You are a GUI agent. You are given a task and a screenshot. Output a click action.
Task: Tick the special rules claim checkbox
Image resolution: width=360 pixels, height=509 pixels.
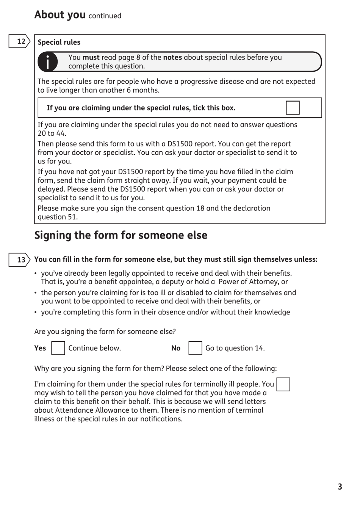pyautogui.click(x=293, y=108)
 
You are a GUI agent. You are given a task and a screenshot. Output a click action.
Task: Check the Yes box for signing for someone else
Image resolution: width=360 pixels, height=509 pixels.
pyautogui.click(x=58, y=348)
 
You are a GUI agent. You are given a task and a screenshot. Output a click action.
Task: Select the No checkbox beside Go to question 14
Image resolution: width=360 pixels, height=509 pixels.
pyautogui.click(x=195, y=348)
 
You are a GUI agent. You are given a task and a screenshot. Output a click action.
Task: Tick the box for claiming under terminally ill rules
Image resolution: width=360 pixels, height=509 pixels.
pyautogui.click(x=283, y=384)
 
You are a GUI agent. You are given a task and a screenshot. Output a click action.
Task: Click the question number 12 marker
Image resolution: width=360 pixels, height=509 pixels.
pyautogui.click(x=20, y=41)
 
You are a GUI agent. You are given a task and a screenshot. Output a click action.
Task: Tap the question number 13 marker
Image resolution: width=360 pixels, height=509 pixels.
pyautogui.click(x=20, y=260)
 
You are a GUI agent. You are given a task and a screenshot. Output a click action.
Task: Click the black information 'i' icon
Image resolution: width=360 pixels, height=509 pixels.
pyautogui.click(x=47, y=62)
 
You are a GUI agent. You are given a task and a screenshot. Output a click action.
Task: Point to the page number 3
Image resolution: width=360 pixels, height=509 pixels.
pyautogui.click(x=340, y=487)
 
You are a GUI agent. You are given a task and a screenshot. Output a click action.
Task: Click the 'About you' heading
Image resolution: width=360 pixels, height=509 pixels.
pyautogui.click(x=60, y=15)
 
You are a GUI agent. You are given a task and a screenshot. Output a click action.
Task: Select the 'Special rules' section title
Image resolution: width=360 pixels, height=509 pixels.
pyautogui.click(x=59, y=42)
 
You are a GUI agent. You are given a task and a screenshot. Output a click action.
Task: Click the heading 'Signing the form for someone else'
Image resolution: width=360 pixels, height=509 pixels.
pyautogui.click(x=121, y=236)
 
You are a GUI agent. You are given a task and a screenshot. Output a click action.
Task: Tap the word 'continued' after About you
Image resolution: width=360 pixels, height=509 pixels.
pyautogui.click(x=105, y=16)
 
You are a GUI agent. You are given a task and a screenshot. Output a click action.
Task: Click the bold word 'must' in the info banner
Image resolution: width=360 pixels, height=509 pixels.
pyautogui.click(x=91, y=58)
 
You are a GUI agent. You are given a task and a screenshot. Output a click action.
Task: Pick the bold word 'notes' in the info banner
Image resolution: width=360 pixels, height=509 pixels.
pyautogui.click(x=172, y=58)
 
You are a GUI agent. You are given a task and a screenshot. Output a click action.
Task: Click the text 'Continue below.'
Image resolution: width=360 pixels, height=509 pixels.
pyautogui.click(x=94, y=348)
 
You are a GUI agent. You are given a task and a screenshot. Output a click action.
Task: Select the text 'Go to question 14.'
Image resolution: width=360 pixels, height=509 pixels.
pyautogui.click(x=235, y=348)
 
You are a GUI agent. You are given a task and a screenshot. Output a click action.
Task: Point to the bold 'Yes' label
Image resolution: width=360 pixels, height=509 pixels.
pyautogui.click(x=40, y=348)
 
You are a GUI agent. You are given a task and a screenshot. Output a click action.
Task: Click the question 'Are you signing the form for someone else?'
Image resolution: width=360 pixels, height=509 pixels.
pyautogui.click(x=105, y=331)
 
